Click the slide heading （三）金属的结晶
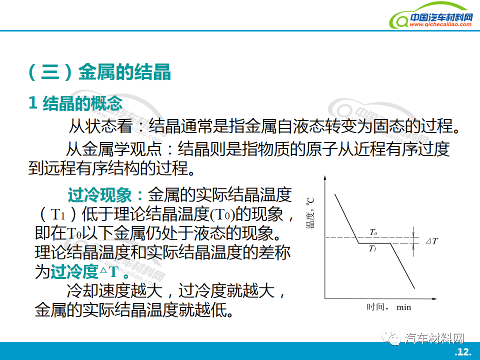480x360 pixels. tap(99, 72)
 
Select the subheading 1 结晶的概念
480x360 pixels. tap(75, 103)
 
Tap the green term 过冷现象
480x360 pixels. tap(100, 194)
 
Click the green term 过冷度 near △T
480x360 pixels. tap(74, 271)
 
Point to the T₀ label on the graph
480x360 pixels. tap(373, 232)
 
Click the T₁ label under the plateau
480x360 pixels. tap(373, 248)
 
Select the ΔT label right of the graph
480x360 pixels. tap(432, 241)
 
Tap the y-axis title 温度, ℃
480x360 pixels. tap(310, 213)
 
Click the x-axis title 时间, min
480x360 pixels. tap(389, 306)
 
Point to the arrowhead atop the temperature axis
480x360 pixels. tap(325, 177)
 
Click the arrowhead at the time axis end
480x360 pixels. tap(434, 298)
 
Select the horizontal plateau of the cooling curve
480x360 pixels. tap(374, 243)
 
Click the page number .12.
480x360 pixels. tap(463, 351)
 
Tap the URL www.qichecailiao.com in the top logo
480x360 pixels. tap(440, 24)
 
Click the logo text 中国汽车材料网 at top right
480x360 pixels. tap(441, 17)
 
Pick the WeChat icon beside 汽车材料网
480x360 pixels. tap(391, 338)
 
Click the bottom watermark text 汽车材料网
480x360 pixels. tap(434, 338)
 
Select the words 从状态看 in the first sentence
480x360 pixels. tap(100, 126)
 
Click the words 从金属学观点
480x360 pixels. tap(114, 149)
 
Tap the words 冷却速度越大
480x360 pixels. tap(114, 290)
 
